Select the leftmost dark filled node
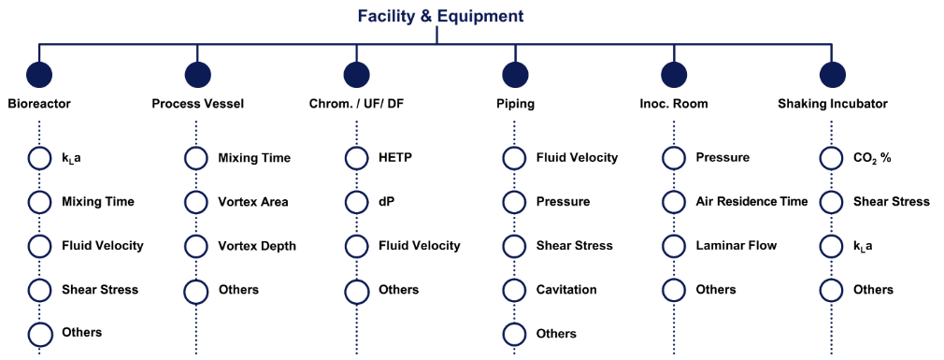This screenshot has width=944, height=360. click(39, 75)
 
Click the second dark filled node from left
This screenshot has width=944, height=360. click(197, 75)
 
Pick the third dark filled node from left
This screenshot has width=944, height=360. click(356, 75)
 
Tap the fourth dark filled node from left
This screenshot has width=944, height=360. click(515, 75)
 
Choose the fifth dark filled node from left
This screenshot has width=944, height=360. click(674, 75)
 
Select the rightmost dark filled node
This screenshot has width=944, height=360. click(832, 75)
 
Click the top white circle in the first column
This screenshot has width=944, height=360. click(39, 159)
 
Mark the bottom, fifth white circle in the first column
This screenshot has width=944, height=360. click(39, 334)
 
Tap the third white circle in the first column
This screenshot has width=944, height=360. click(39, 247)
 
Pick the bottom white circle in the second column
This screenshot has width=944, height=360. click(196, 292)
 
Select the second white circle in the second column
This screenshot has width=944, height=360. click(196, 203)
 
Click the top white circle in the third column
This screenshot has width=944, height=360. click(356, 159)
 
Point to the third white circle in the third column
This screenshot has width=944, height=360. click(356, 247)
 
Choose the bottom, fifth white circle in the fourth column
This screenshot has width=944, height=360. click(514, 334)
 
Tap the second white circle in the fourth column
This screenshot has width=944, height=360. click(514, 203)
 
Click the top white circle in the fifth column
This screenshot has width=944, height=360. click(673, 159)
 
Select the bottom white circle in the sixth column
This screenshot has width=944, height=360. click(831, 290)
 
